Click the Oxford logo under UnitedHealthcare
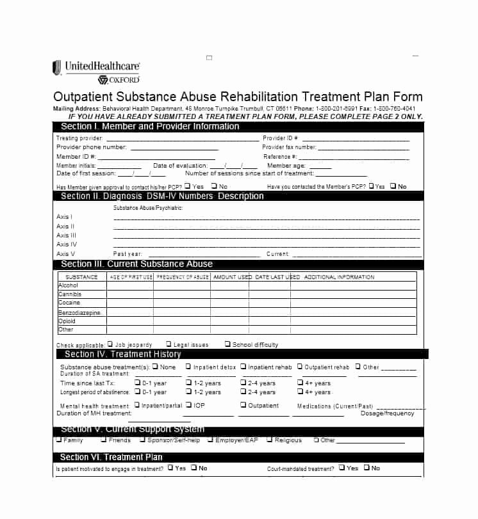tap(119, 80)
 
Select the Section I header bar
tap(237, 127)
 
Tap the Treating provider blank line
tap(182, 139)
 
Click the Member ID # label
tap(76, 157)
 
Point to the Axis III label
tap(66, 236)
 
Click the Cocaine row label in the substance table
tap(69, 303)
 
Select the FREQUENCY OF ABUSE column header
tap(182, 277)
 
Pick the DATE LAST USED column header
tap(277, 277)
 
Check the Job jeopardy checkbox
tap(110, 344)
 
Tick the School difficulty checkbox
tap(227, 344)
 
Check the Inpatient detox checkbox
tap(188, 367)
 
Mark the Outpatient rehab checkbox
tap(299, 367)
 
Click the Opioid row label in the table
tap(67, 321)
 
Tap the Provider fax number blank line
tap(363, 148)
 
